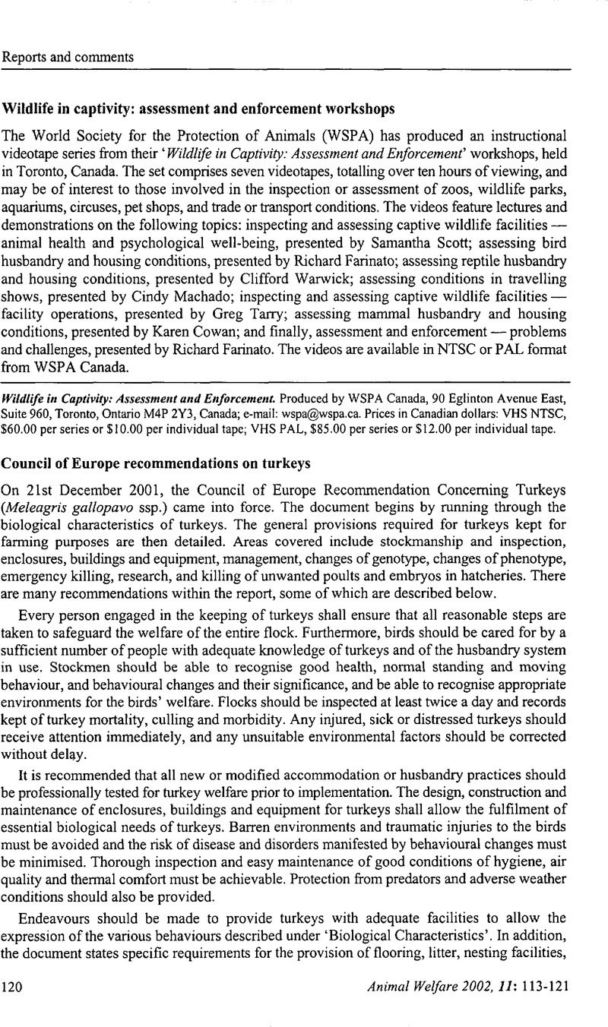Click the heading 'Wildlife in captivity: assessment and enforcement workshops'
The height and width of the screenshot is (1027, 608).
click(199, 108)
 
